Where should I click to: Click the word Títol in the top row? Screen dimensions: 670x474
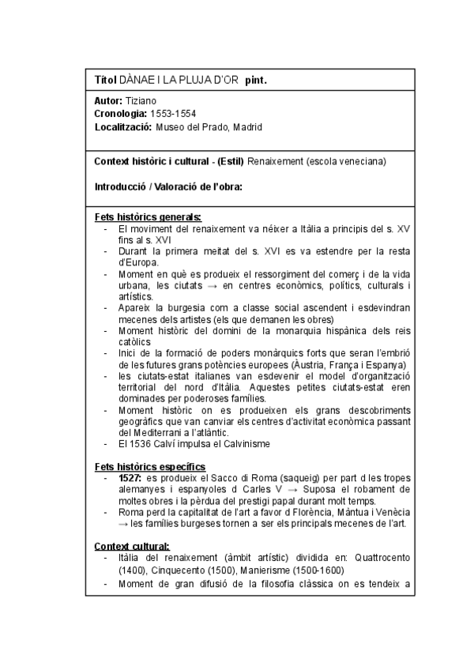coord(105,80)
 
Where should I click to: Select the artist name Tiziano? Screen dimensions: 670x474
coord(141,101)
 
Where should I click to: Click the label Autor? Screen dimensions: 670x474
coord(108,101)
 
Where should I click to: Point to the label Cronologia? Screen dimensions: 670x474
coord(121,114)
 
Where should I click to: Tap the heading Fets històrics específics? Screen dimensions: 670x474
coord(150,466)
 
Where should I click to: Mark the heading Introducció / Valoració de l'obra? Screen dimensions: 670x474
coord(167,186)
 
